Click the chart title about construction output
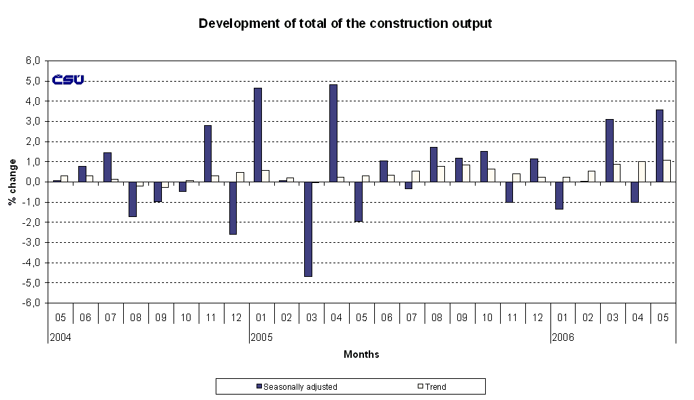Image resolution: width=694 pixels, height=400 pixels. tap(345, 24)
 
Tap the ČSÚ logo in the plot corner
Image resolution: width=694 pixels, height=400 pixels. tap(68, 80)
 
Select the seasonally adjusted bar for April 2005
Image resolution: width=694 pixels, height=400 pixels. tap(333, 133)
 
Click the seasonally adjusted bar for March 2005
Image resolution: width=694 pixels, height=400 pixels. tap(308, 229)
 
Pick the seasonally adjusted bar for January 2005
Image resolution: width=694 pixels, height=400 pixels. tap(258, 135)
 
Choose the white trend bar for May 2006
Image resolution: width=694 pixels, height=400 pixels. tap(667, 171)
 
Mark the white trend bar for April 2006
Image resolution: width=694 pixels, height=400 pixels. tap(642, 171)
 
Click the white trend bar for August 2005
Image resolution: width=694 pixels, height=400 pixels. tap(441, 174)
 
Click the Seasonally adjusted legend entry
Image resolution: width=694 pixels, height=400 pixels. tap(297, 387)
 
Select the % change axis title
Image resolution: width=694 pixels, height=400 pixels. tap(12, 182)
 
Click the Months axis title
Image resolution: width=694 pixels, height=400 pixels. tap(361, 354)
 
